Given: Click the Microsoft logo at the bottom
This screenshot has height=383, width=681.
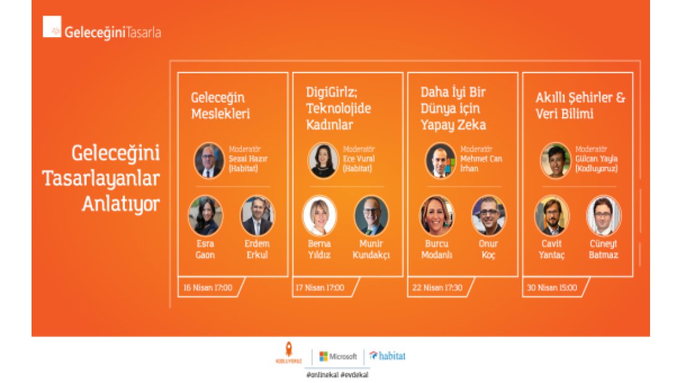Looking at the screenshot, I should (x=338, y=356).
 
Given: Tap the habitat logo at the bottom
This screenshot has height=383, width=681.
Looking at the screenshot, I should (x=388, y=356).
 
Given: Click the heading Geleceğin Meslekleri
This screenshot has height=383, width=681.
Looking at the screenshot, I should (x=218, y=106).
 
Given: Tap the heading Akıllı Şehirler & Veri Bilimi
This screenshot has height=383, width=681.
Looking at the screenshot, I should (x=580, y=106).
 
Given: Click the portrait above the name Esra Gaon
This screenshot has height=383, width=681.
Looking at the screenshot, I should (x=205, y=215).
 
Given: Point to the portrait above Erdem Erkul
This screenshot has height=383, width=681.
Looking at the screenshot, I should (x=257, y=215).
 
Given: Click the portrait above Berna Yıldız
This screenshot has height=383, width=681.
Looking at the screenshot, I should (x=319, y=216).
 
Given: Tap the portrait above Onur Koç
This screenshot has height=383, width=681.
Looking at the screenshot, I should (x=488, y=216).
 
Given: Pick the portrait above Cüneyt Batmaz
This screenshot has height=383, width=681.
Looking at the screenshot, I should (x=604, y=216).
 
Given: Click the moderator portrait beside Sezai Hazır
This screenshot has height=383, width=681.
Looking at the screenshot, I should (x=209, y=161).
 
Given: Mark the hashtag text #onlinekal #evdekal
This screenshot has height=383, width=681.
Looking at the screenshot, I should (x=337, y=375).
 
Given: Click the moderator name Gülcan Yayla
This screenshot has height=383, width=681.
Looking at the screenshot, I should (x=596, y=158).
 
